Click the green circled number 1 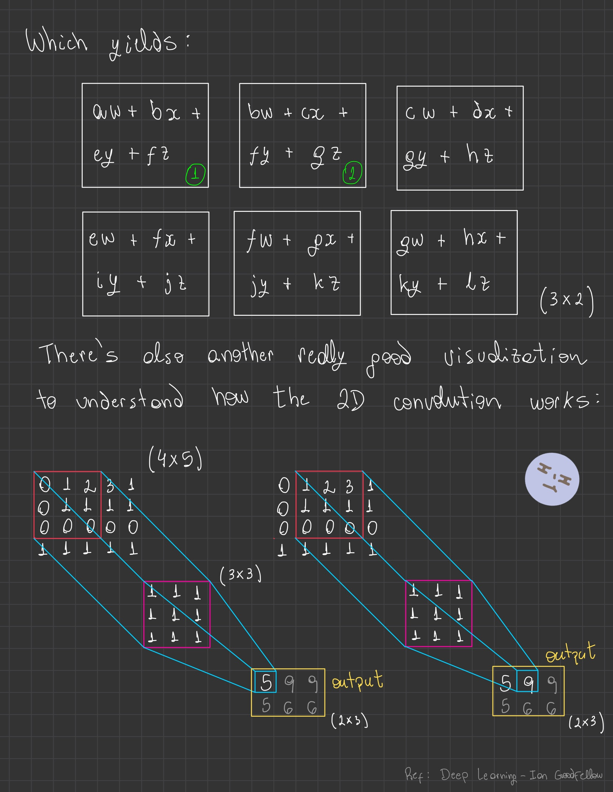(x=195, y=174)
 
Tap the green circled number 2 (x=352, y=173)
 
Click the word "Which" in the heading (x=57, y=41)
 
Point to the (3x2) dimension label (x=567, y=300)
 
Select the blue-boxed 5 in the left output (x=266, y=682)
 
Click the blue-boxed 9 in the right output (x=528, y=682)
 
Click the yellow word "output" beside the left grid (x=357, y=681)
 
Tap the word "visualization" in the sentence (x=515, y=355)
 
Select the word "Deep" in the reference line (x=454, y=775)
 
